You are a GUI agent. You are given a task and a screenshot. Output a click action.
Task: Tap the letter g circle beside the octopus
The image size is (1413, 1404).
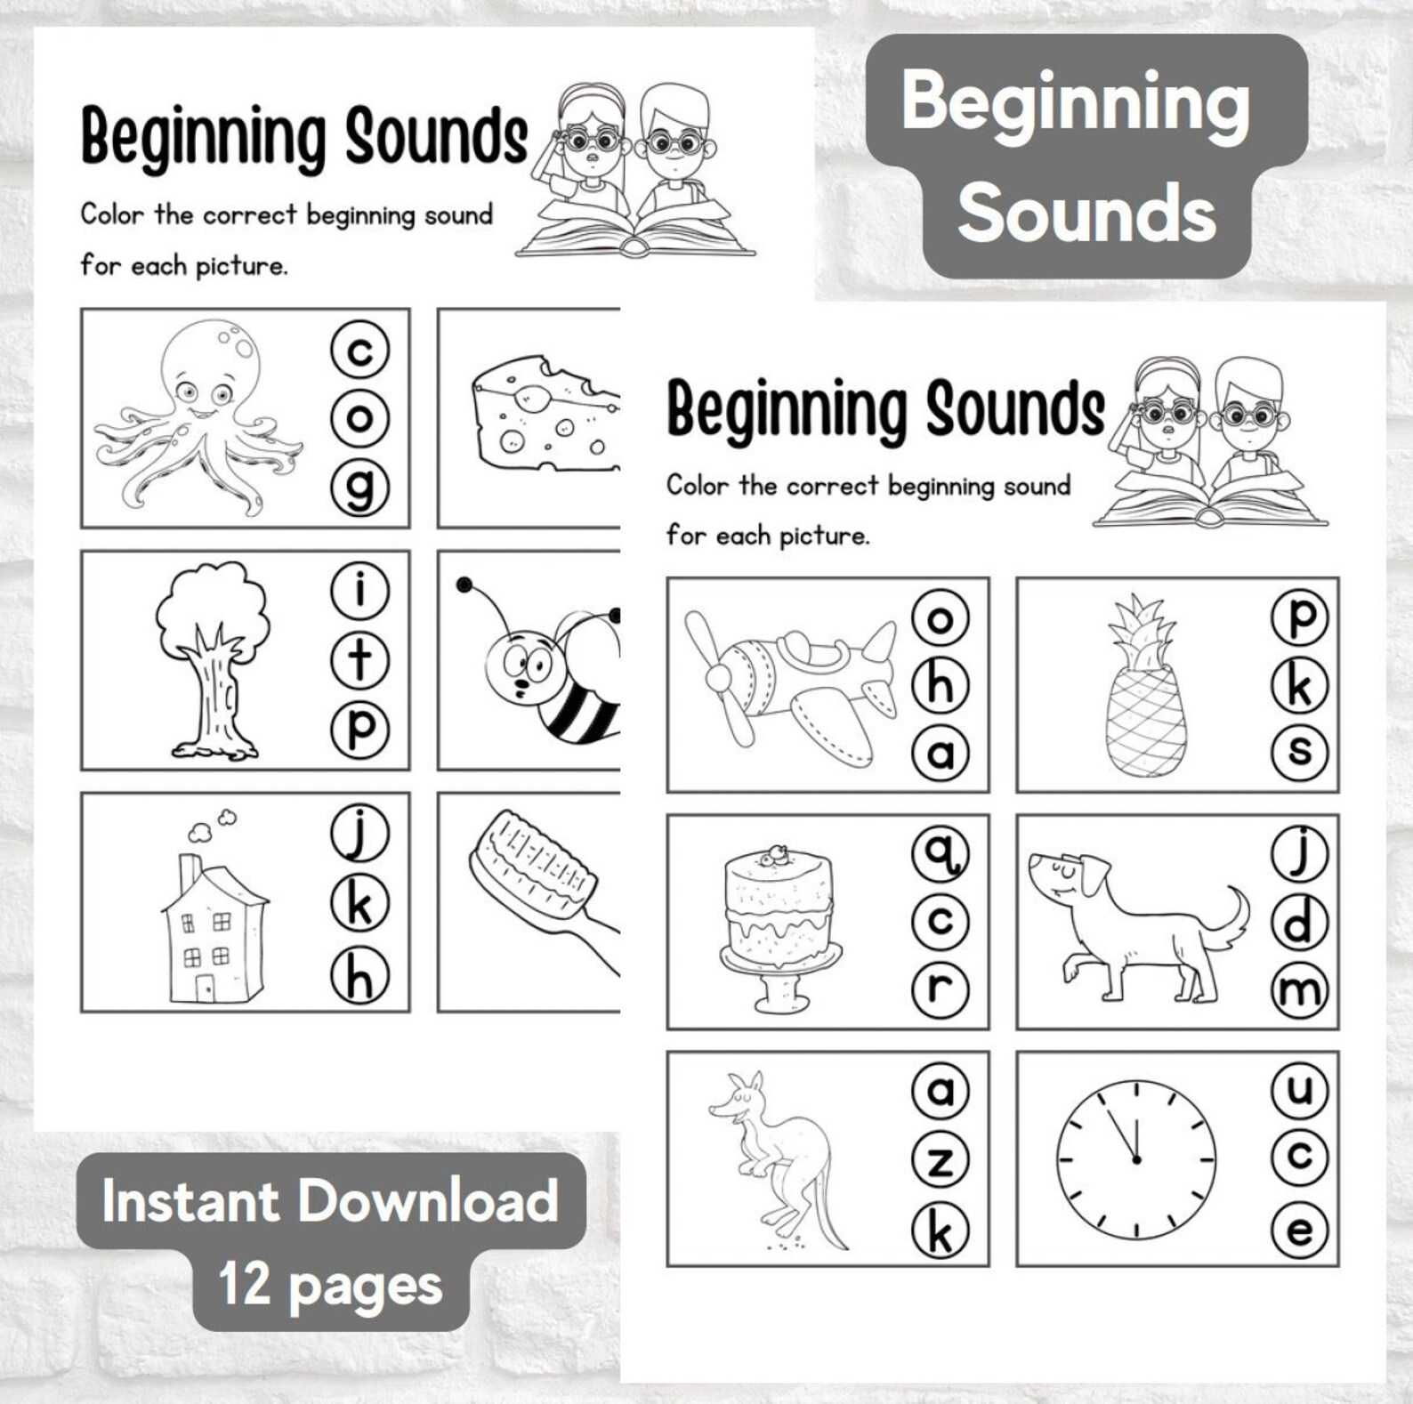[x=359, y=488]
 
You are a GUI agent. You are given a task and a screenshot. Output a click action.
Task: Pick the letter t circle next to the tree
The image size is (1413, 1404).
[x=359, y=659]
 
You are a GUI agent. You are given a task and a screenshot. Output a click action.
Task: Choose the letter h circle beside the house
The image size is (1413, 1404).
[x=359, y=976]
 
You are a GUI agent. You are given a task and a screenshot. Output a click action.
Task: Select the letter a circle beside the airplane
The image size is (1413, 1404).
[x=941, y=754]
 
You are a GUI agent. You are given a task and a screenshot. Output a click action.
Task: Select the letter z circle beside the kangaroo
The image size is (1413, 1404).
[x=941, y=1160]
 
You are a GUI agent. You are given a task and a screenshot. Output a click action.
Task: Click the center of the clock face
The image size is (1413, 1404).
[x=1136, y=1159]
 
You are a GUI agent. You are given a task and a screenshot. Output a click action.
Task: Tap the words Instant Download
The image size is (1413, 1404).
[x=330, y=1201]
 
